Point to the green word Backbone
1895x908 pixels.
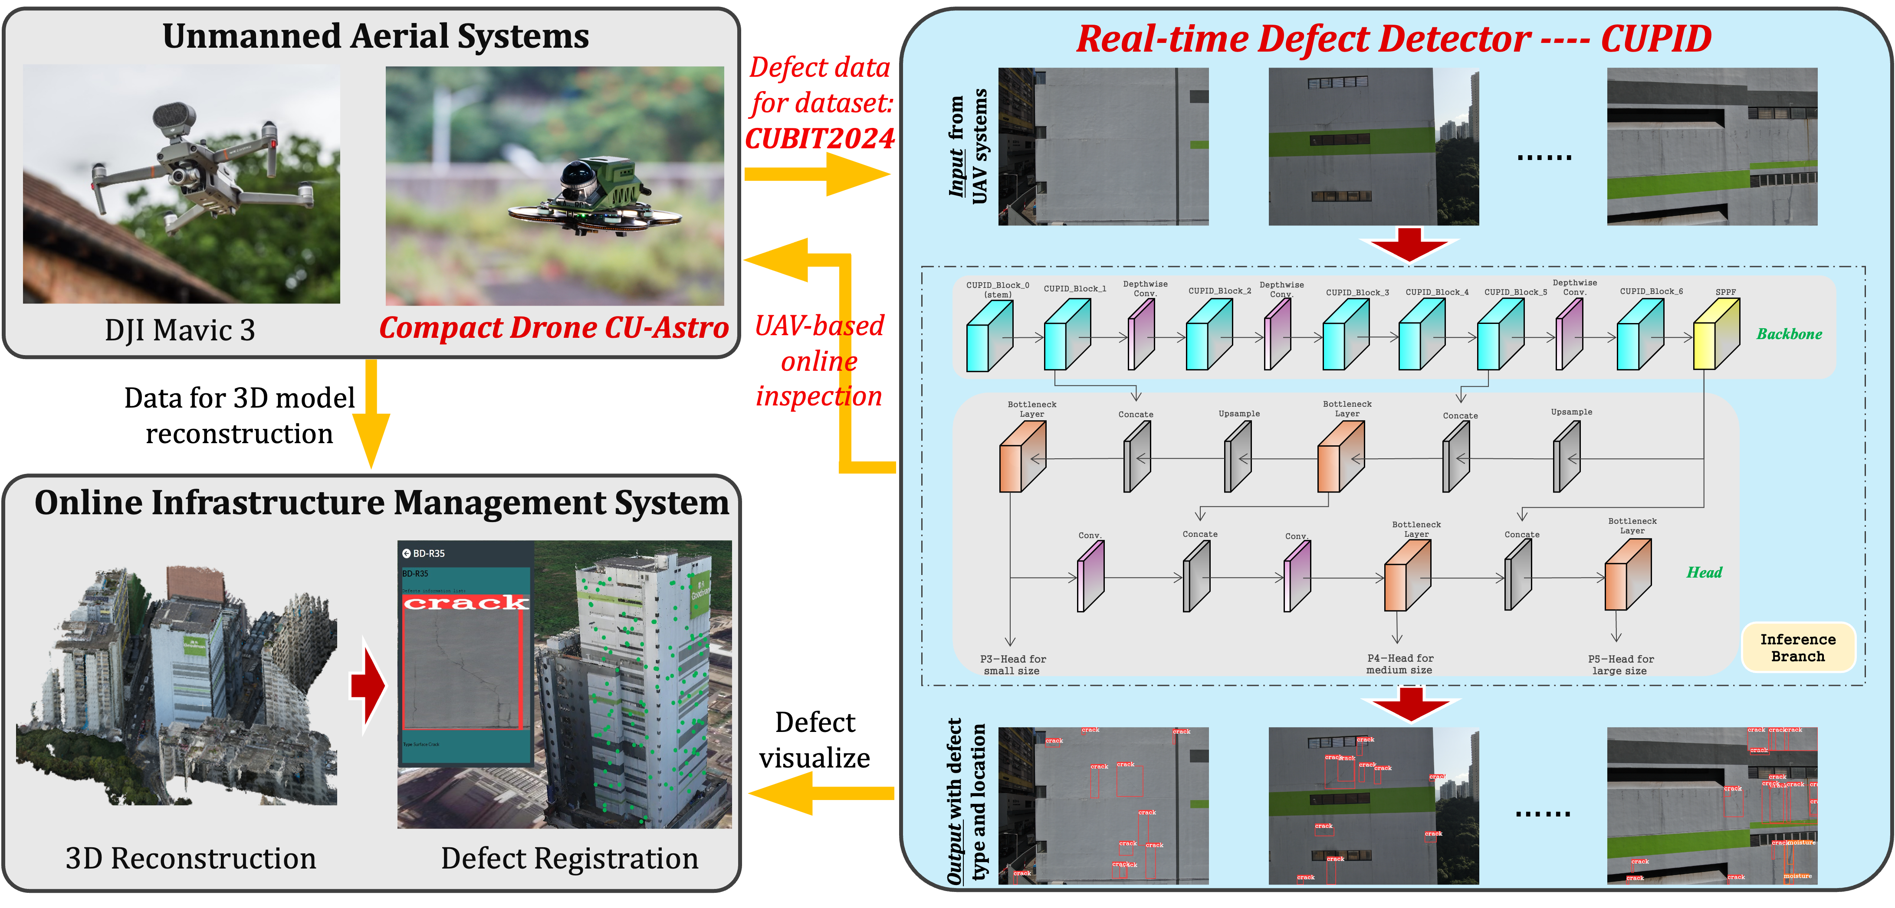pos(1789,334)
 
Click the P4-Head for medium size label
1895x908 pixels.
pos(1400,664)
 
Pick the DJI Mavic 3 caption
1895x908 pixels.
pos(180,330)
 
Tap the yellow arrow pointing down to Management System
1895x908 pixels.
pos(371,415)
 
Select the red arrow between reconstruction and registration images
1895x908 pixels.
pos(368,685)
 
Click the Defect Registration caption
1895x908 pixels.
pos(569,859)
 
